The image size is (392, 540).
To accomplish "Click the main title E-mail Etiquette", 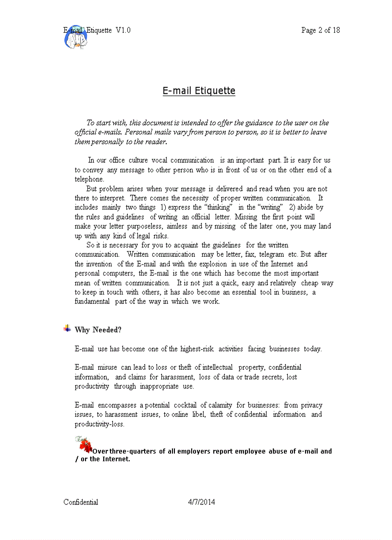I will tap(199, 91).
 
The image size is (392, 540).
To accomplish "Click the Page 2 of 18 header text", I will tap(320, 30).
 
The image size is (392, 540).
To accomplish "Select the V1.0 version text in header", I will tap(123, 30).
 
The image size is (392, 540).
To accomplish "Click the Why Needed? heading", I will tap(98, 330).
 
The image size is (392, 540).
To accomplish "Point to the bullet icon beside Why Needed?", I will tap(67, 328).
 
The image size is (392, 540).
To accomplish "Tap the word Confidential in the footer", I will tap(81, 502).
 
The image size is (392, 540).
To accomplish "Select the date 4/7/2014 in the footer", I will tap(201, 502).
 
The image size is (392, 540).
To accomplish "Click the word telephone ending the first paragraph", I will tap(89, 179).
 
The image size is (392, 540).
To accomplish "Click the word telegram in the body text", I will tap(271, 254).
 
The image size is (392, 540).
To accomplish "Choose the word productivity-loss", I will tap(99, 424).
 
